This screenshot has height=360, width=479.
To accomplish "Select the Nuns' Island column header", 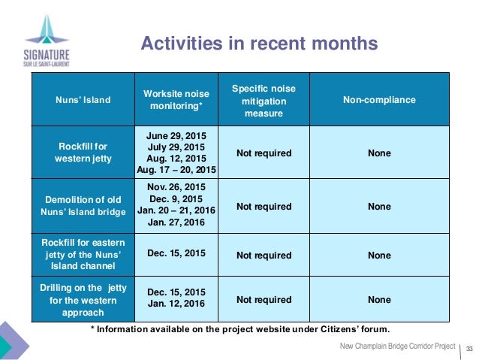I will click(x=83, y=99).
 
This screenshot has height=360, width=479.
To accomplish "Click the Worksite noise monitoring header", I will click(x=176, y=99).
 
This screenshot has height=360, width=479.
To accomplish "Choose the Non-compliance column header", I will click(x=379, y=99).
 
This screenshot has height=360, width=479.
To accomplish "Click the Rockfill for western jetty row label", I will click(x=83, y=153).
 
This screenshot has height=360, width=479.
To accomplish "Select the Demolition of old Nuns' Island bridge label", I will click(x=83, y=206).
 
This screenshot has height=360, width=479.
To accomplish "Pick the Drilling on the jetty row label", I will click(x=83, y=300).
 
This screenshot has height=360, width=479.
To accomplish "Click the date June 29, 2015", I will click(x=176, y=136).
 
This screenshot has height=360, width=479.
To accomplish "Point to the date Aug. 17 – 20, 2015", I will click(x=176, y=171).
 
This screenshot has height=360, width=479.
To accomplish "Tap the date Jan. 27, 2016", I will click(x=176, y=223).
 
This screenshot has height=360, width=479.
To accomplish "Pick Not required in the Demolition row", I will click(x=264, y=206).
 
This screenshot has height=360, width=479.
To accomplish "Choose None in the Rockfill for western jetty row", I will click(x=379, y=153).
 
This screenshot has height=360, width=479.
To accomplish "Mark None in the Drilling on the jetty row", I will click(x=379, y=300).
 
